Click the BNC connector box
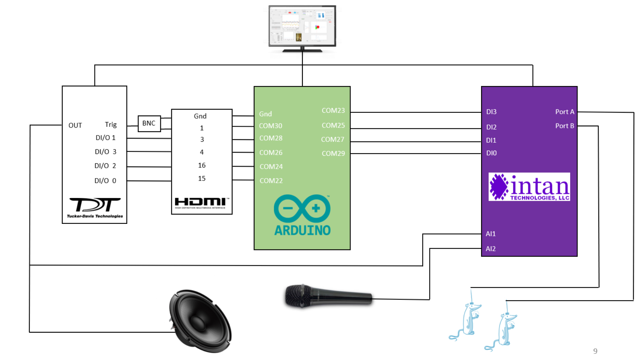click(x=149, y=123)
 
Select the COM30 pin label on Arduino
click(x=270, y=126)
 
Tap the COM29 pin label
click(x=333, y=153)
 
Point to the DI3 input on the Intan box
click(x=491, y=112)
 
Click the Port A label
click(x=564, y=112)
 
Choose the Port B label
click(x=564, y=126)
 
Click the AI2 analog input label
click(x=490, y=249)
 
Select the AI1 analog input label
click(x=490, y=234)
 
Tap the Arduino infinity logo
click(x=302, y=209)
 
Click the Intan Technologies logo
click(x=529, y=187)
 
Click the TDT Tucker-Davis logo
click(x=95, y=207)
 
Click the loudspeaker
click(x=200, y=321)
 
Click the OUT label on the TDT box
click(x=75, y=126)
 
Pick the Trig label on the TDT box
click(x=111, y=124)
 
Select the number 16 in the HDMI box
click(x=202, y=165)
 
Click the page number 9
click(x=595, y=351)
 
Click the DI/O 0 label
click(x=105, y=181)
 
